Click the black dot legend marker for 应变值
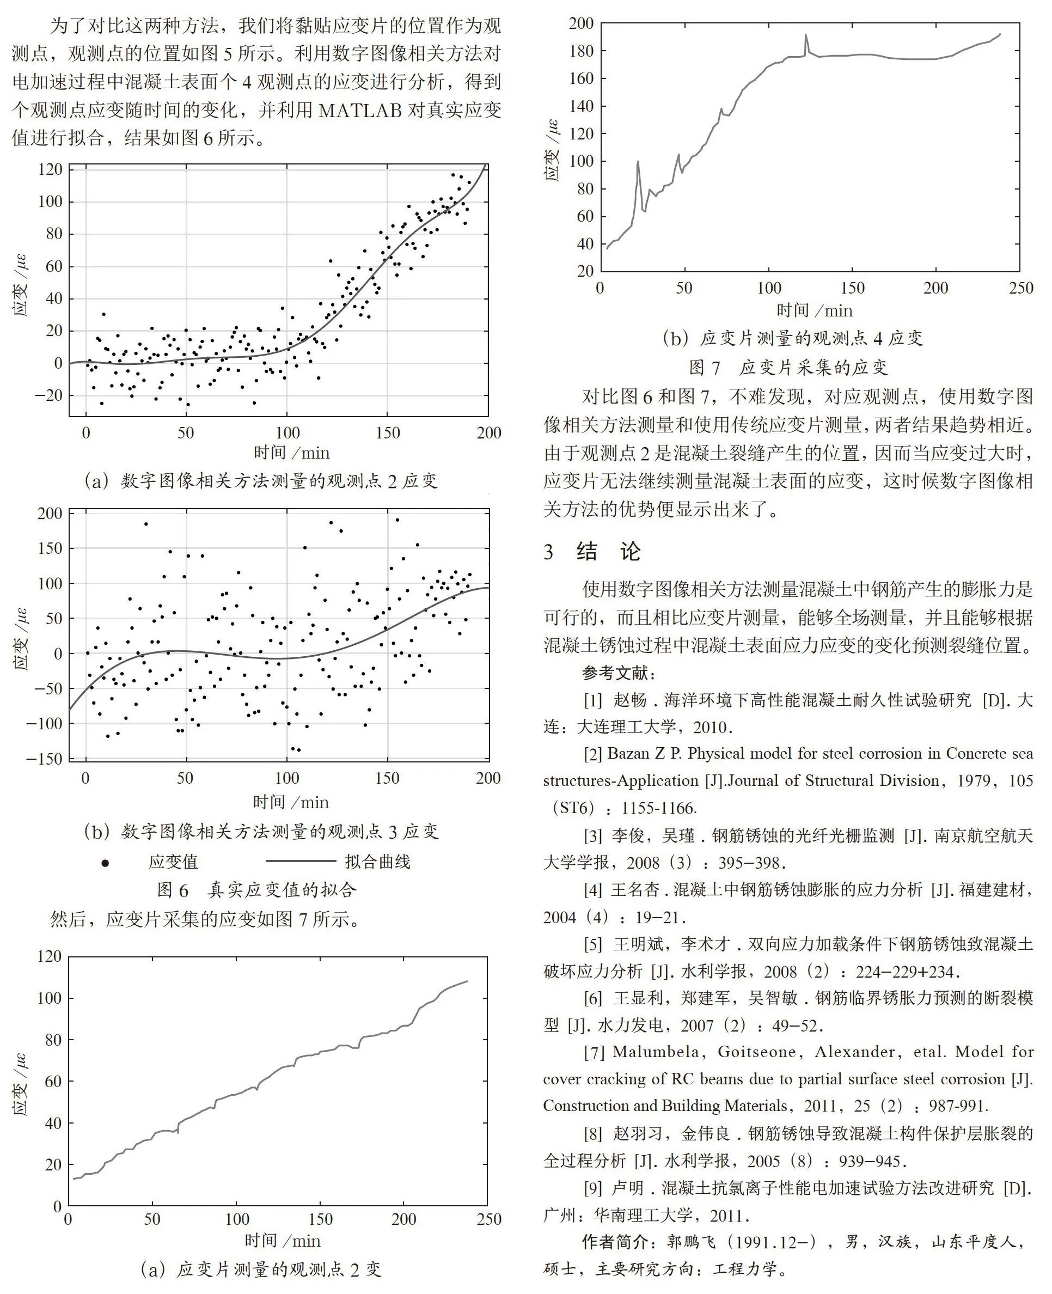tap(105, 863)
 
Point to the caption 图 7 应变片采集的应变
tap(788, 367)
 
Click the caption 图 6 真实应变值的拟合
tap(257, 890)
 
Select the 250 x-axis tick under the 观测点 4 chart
tap(1020, 288)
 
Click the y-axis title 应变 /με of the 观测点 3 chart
tap(20, 639)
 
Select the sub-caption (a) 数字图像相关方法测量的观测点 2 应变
tap(261, 481)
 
